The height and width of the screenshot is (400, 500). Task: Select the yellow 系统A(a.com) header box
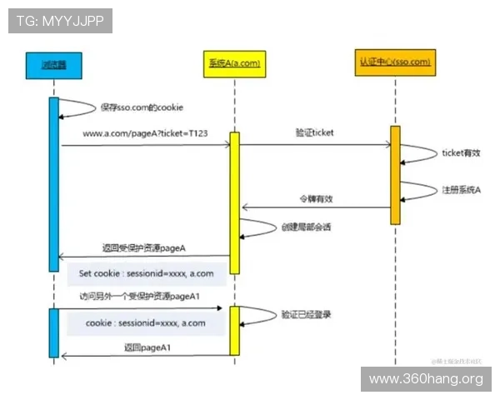click(x=234, y=64)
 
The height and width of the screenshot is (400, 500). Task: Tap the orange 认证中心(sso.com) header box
click(x=395, y=64)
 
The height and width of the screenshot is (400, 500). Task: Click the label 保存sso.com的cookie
click(x=142, y=107)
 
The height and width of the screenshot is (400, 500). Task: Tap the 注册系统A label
click(x=461, y=191)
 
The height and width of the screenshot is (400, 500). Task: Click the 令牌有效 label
click(x=316, y=198)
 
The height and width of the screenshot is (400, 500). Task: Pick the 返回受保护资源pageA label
click(x=143, y=247)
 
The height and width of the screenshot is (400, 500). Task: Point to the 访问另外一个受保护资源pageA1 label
click(x=138, y=296)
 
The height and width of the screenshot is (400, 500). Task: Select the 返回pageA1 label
click(x=141, y=347)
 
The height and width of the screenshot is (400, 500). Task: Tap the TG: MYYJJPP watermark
click(x=60, y=21)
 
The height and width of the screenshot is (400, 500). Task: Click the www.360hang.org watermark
click(x=426, y=380)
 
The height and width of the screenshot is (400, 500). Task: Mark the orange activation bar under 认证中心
click(x=395, y=175)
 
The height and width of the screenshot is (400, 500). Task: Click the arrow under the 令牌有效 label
click(x=316, y=208)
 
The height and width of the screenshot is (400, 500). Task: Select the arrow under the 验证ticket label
click(x=316, y=144)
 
